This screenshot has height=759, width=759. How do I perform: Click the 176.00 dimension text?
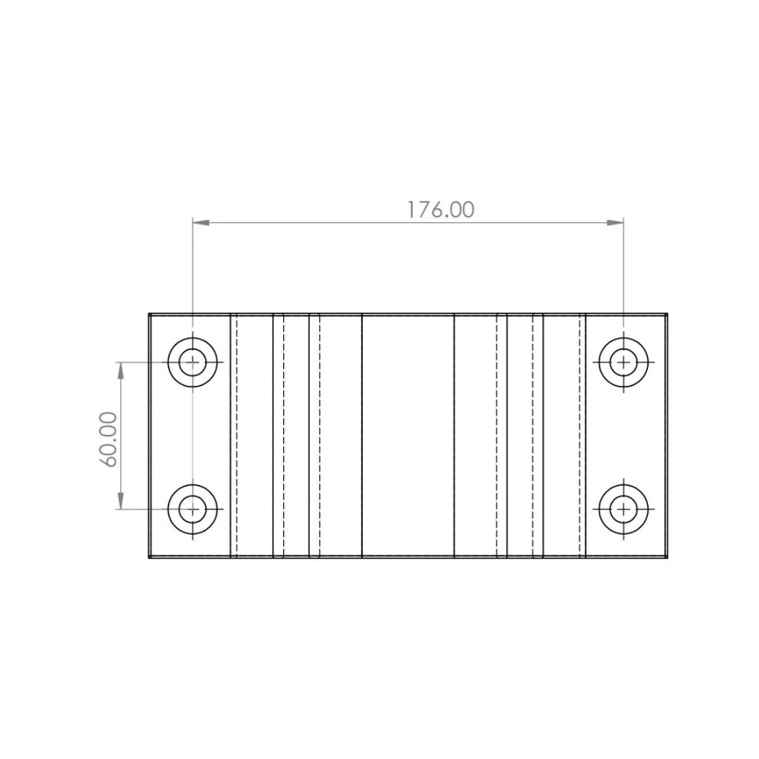[x=440, y=209]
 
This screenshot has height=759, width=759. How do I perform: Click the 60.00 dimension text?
[x=108, y=439]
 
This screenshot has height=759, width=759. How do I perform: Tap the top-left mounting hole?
[x=193, y=362]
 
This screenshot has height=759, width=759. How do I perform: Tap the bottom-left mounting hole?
[x=193, y=510]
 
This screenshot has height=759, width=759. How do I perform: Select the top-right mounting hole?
[x=623, y=362]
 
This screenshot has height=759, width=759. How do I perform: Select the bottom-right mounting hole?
[x=623, y=510]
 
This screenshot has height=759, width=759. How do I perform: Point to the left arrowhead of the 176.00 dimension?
[x=201, y=223]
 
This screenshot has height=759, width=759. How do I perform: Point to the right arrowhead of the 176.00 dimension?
[x=615, y=223]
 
